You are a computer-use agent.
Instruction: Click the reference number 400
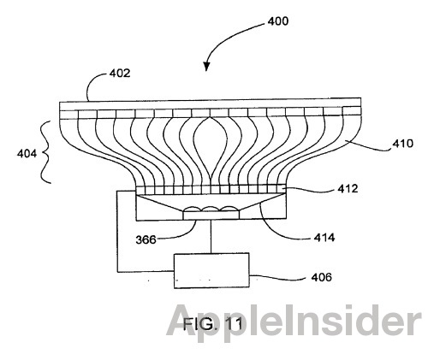click(x=277, y=21)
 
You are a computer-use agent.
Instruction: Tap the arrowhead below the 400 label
click(x=206, y=66)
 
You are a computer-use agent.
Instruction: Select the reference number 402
click(x=120, y=74)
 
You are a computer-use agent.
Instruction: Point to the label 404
click(x=27, y=154)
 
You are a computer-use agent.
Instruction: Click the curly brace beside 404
click(x=45, y=152)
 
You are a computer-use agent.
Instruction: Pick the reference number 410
click(x=402, y=144)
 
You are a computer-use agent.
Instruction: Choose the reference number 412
click(x=348, y=189)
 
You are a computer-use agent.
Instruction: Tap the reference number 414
click(x=324, y=238)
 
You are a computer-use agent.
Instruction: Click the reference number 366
click(x=146, y=239)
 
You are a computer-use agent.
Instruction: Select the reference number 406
click(x=322, y=277)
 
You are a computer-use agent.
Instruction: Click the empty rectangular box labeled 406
click(x=211, y=270)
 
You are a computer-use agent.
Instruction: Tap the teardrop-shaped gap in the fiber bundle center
click(x=211, y=147)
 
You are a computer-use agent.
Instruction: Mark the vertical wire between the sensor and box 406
click(x=211, y=236)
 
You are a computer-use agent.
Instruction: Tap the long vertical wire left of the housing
click(x=117, y=231)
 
